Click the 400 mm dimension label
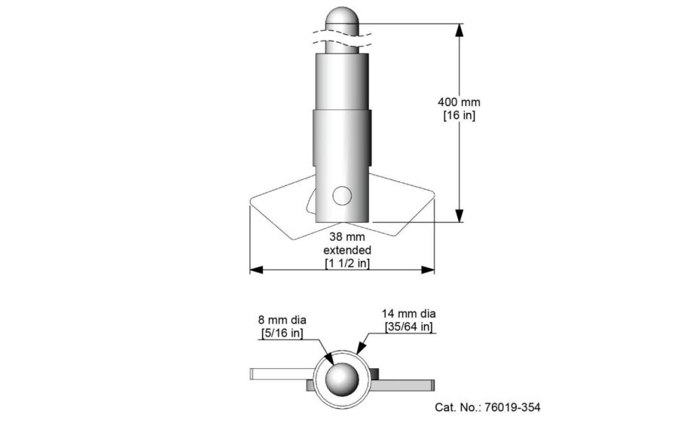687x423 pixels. point(459,102)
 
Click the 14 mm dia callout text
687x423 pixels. point(407,313)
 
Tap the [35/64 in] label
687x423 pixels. point(407,327)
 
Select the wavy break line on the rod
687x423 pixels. point(342,36)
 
